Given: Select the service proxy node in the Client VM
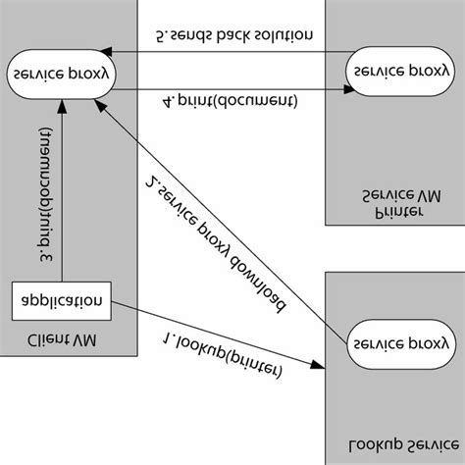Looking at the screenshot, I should (60, 74).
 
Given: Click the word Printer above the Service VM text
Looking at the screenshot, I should (398, 212).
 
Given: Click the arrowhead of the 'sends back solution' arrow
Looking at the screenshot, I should (111, 52).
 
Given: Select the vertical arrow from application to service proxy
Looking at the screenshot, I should (61, 186).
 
